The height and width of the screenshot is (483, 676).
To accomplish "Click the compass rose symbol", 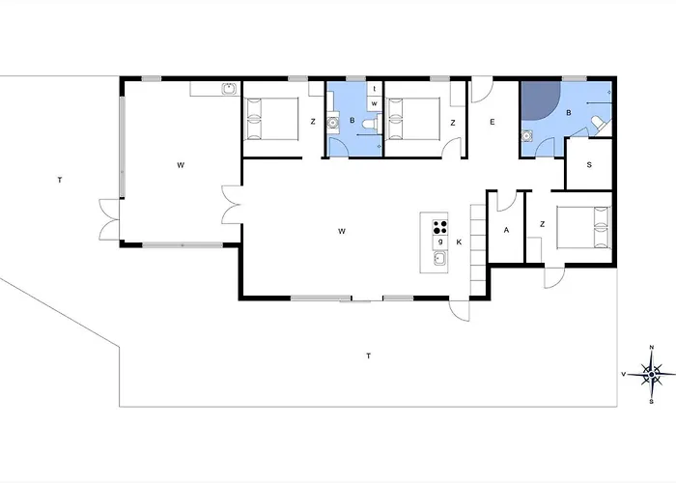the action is [652, 374].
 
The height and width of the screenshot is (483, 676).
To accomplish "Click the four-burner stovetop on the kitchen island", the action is [440, 227].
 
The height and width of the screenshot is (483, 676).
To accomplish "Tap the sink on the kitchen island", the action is [440, 258].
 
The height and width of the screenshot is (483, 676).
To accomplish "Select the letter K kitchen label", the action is [459, 242].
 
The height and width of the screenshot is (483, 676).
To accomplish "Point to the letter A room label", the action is [506, 230].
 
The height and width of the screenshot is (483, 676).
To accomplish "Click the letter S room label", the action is [589, 165].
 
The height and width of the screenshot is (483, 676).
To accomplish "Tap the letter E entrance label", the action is [493, 122].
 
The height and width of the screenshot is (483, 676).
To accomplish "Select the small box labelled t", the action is [375, 89].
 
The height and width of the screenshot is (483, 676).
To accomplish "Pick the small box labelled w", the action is [375, 103].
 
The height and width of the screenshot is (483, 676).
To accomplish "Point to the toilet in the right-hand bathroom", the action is [601, 124].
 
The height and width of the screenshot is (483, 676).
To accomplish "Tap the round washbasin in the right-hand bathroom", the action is [526, 136].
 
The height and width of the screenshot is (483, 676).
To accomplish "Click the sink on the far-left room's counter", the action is [229, 89].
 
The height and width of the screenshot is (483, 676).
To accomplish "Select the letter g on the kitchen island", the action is [440, 241].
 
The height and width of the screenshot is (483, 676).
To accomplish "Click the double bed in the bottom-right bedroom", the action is [584, 228].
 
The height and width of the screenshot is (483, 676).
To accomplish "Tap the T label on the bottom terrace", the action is [369, 355].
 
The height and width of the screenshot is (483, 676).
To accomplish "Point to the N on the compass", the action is [652, 347].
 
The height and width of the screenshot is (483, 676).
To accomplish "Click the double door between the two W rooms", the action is [232, 205].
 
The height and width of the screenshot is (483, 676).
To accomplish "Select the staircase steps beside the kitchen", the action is [478, 249].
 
